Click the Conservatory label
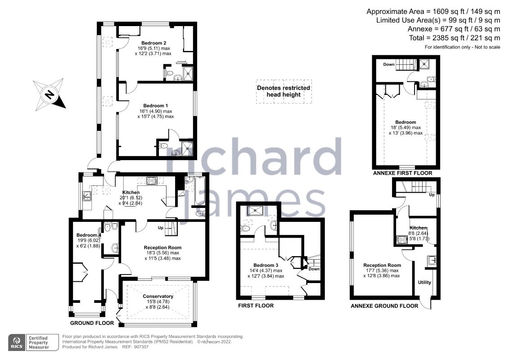click(x=158, y=296)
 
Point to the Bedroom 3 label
click(x=266, y=265)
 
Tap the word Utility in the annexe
click(x=424, y=283)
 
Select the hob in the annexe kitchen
click(x=400, y=240)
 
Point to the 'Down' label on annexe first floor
click(x=389, y=64)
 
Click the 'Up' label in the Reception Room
click(x=160, y=228)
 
